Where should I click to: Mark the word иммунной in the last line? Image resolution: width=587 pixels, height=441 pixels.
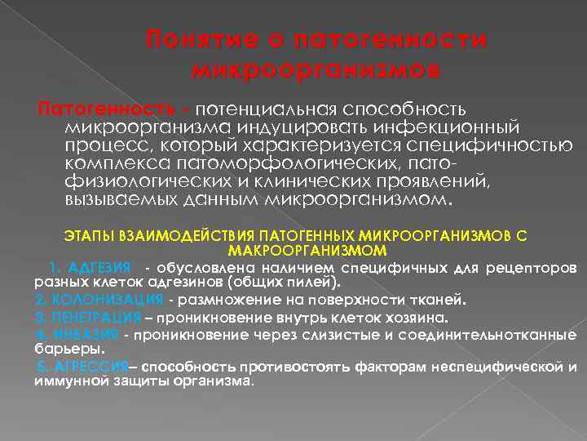[62, 380]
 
